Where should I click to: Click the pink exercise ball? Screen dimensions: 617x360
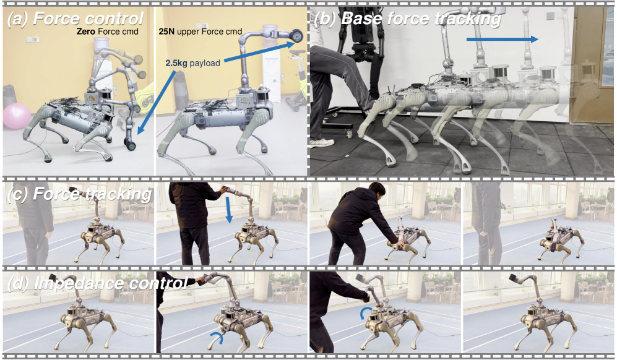(x=17, y=116)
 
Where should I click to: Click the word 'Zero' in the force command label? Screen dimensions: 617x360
(x=86, y=31)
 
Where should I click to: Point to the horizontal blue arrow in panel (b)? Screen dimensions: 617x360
(x=502, y=39)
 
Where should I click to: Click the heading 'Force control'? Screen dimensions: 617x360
(x=88, y=18)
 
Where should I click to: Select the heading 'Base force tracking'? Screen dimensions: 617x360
(x=421, y=18)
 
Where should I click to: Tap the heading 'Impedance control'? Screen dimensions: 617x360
(x=110, y=283)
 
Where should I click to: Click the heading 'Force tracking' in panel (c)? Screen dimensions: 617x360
(x=92, y=194)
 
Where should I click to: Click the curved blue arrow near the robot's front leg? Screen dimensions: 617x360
(x=216, y=336)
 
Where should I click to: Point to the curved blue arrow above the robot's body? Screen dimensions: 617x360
(x=365, y=313)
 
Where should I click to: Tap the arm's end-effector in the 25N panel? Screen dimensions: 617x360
(x=296, y=36)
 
